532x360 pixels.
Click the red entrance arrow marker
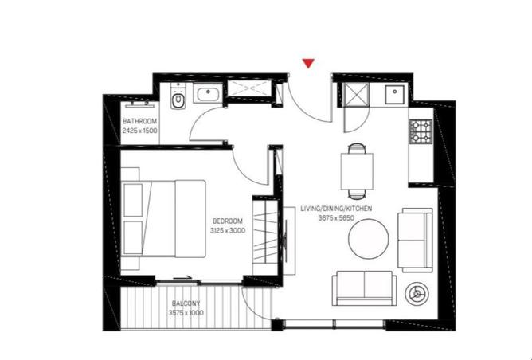pos(308,63)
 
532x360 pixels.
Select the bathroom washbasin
pos(207,92)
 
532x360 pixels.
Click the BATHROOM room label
pos(140,121)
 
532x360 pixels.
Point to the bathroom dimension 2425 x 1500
pos(140,131)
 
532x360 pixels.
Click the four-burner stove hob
pos(421,131)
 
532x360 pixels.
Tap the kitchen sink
pos(394,94)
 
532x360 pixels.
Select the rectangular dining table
pos(357,171)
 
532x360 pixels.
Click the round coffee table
pos(369,239)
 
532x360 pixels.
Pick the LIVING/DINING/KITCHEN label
pos(336,209)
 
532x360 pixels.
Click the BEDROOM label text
pos(228,221)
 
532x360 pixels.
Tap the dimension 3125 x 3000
pos(228,231)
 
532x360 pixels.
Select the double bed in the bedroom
pos(163,219)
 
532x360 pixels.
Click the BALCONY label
pos(186,303)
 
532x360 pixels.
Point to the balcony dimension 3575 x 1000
pos(186,313)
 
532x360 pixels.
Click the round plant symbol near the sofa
pos(417,294)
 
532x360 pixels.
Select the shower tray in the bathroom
pos(249,88)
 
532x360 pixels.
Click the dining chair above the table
pos(357,148)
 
